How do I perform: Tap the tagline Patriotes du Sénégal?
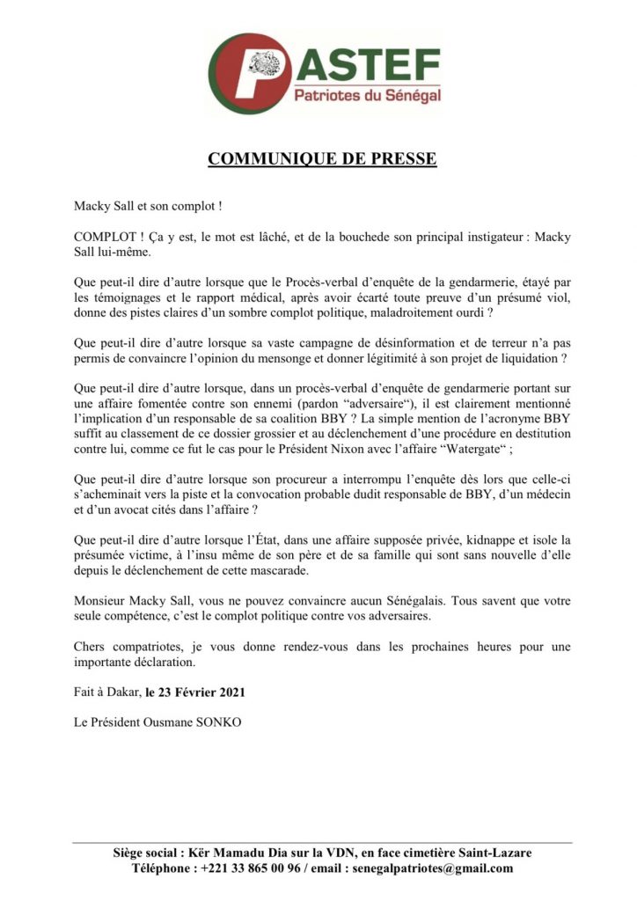(367, 95)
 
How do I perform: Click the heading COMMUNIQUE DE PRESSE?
(322, 159)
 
